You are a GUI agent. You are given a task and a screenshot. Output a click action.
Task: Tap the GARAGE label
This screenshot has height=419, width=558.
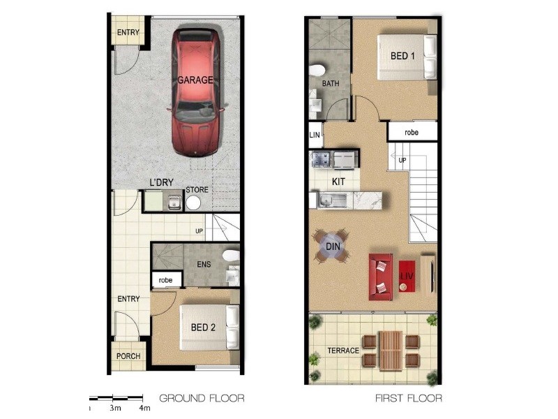click(x=195, y=80)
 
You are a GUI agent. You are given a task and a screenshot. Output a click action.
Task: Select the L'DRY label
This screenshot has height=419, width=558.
click(x=161, y=183)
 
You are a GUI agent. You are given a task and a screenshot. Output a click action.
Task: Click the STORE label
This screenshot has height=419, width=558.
click(x=197, y=189)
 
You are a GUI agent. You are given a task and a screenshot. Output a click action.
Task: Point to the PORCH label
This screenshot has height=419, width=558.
click(x=128, y=356)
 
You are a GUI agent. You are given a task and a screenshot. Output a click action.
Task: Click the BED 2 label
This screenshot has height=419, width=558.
click(x=203, y=326)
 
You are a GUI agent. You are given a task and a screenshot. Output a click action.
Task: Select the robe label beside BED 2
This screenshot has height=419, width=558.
click(x=165, y=280)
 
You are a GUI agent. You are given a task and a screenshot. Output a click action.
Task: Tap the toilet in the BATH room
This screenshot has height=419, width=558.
click(x=317, y=71)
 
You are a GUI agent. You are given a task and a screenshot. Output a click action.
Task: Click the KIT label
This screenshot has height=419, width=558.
click(x=338, y=181)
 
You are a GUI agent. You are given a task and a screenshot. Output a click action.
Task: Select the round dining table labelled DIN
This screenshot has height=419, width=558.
click(x=332, y=246)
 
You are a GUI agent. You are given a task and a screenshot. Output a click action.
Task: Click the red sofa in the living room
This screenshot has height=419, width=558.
click(x=381, y=274)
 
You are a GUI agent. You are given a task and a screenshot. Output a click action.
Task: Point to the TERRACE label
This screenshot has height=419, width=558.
click(x=343, y=351)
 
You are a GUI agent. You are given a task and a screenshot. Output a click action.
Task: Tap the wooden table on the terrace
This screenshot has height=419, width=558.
click(x=391, y=351)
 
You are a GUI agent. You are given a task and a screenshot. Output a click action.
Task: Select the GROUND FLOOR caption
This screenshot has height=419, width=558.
click(x=202, y=399)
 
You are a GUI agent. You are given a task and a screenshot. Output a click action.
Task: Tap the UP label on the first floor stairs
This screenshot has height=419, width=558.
click(x=402, y=161)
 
